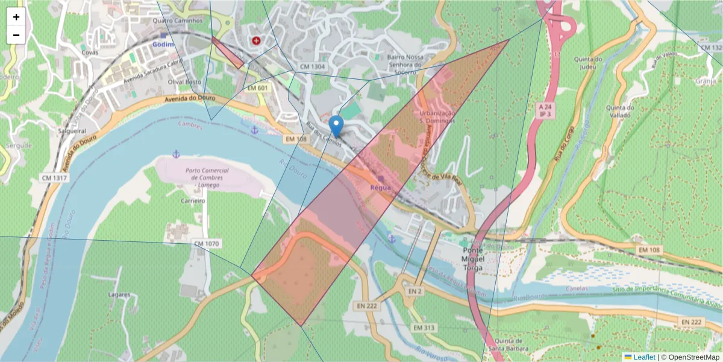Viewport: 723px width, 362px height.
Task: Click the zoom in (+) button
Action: [16, 17]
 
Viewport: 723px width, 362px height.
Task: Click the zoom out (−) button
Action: [16, 35]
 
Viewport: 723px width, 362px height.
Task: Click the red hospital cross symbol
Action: [257, 40]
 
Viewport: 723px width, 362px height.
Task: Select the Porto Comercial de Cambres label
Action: [205, 178]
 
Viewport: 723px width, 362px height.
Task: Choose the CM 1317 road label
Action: [54, 177]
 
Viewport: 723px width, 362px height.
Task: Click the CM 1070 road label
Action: [206, 244]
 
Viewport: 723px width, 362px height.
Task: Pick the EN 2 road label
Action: [413, 291]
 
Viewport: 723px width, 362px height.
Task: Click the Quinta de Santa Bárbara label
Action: [504, 343]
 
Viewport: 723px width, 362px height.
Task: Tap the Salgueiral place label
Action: [70, 130]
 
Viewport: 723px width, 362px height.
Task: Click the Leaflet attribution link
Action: [643, 357]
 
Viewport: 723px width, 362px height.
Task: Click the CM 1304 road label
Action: [311, 66]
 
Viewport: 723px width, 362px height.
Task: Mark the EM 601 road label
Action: [258, 88]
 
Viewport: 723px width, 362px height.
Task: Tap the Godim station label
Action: [163, 45]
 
